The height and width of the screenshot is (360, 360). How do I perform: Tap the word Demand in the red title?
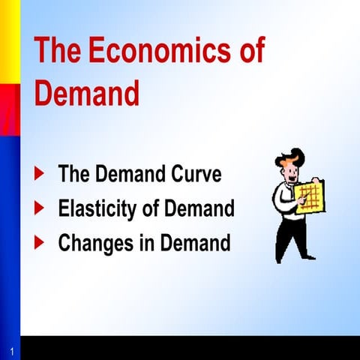pos(87,94)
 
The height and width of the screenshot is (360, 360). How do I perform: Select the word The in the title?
pos(59,52)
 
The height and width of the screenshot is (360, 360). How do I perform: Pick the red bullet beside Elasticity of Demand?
pos(40,208)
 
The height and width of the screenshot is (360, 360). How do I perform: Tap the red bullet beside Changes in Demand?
pos(40,242)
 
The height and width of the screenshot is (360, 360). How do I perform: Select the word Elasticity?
pos(99,208)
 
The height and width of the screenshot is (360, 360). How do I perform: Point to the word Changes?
pos(97,243)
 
